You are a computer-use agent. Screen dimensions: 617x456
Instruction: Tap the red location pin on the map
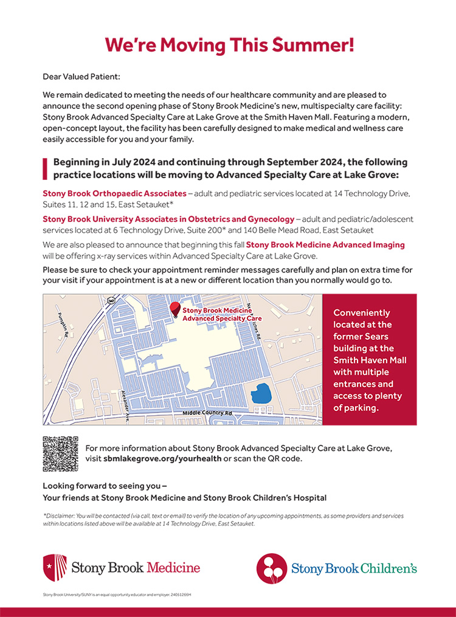(175, 309)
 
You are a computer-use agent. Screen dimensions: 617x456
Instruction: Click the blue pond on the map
(263, 393)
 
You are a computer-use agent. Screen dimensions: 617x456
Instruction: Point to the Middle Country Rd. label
(209, 413)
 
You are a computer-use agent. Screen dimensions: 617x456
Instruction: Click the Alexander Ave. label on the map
(128, 405)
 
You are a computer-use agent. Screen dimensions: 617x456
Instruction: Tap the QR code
(60, 453)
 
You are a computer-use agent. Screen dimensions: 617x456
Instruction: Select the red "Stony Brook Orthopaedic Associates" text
(114, 193)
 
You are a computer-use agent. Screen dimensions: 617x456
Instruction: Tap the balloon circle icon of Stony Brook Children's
(271, 568)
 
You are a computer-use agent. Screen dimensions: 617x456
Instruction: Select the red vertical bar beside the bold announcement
(44, 168)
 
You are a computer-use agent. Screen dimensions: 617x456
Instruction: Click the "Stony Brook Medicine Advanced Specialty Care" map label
(222, 314)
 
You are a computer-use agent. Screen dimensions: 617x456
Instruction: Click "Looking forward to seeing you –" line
(105, 486)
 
